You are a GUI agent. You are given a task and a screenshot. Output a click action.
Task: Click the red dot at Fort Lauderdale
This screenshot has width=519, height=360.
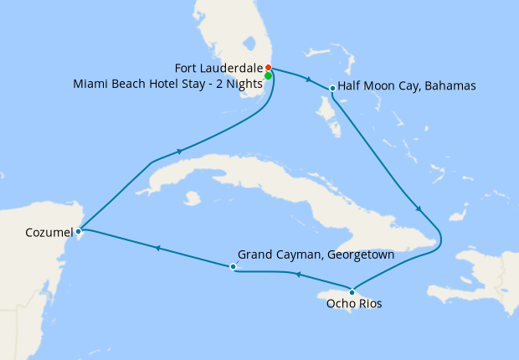click(x=268, y=68)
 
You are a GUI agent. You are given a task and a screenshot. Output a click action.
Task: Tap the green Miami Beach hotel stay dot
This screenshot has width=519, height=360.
click(x=268, y=76)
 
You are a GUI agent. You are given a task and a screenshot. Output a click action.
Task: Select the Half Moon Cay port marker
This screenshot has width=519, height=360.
click(x=332, y=88)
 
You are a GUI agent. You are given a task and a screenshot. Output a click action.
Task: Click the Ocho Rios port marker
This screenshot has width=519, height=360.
click(x=352, y=291)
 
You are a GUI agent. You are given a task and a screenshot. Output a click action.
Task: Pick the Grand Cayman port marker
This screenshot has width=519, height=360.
click(x=233, y=266)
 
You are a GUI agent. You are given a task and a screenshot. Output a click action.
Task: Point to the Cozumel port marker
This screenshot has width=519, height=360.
click(x=78, y=230)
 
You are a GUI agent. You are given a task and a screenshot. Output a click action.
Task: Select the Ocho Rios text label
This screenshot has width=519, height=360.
click(x=353, y=304)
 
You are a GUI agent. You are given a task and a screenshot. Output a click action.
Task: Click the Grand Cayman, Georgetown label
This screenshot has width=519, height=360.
click(x=316, y=255)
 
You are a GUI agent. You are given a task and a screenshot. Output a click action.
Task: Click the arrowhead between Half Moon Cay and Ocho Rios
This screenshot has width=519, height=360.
click(x=418, y=209)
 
